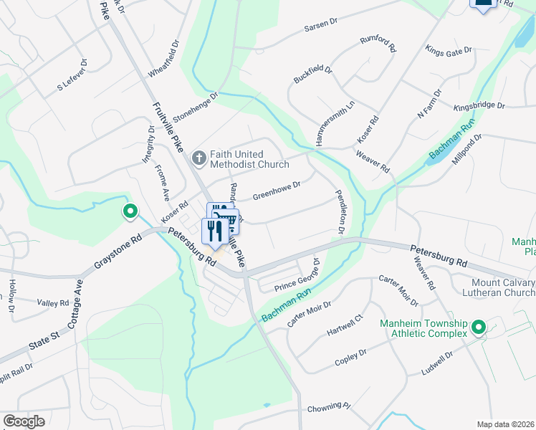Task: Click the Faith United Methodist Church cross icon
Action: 200,157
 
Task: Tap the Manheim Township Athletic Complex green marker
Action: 478,329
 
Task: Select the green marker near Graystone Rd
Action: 130,212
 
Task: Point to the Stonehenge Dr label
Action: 194,106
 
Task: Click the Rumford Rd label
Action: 378,44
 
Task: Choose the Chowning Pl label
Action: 328,406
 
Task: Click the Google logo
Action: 24,421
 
